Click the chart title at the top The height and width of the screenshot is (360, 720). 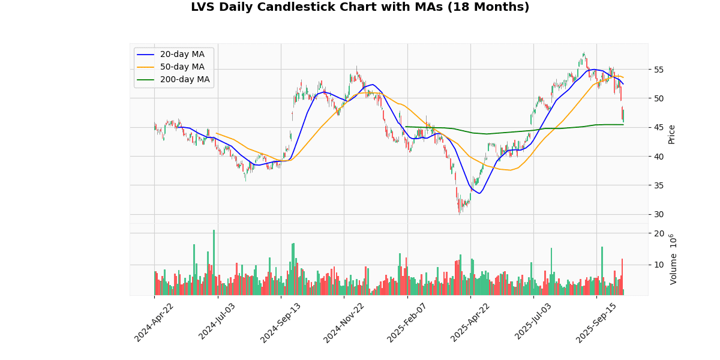360,7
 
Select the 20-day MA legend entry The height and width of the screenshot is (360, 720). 182,55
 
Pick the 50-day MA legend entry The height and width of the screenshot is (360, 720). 182,67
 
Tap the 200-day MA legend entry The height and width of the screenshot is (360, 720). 184,80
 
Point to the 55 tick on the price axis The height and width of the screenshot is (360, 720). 658,70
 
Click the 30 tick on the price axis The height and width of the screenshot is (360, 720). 658,214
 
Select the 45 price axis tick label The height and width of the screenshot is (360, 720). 658,127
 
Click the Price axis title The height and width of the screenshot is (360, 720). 671,134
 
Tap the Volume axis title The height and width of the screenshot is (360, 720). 673,259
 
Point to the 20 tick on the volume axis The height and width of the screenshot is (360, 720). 658,233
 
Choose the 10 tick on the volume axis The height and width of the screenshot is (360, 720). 658,265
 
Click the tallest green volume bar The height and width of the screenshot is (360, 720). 214,262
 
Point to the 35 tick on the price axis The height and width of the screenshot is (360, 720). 658,185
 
